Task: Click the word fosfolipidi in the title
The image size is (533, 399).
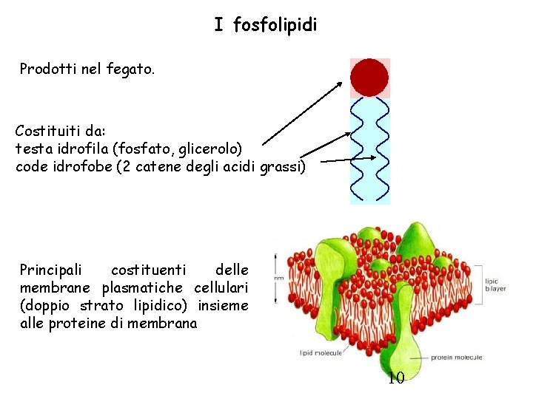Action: point(275,26)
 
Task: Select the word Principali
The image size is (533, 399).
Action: point(52,270)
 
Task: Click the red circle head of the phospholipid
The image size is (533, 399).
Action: point(369,78)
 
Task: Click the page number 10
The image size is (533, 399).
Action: point(396,379)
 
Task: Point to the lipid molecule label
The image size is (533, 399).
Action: point(321,353)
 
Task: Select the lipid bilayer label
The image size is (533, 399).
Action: point(495,285)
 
